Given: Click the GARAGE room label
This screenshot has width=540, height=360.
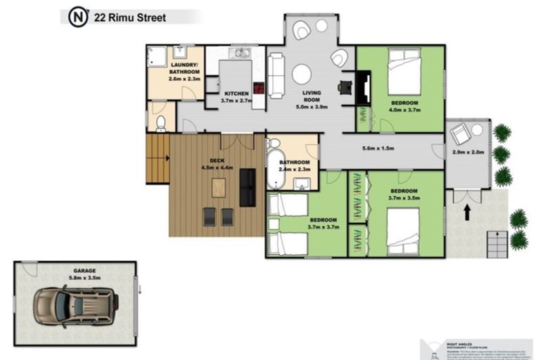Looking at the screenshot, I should click(x=84, y=271).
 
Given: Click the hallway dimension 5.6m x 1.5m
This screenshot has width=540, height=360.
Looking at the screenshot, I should click(x=378, y=149).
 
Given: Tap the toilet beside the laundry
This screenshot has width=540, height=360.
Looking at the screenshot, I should click(x=160, y=124).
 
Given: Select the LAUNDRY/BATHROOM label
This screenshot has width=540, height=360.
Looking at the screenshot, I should click(x=185, y=72).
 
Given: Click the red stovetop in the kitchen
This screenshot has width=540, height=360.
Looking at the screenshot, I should click(x=259, y=89).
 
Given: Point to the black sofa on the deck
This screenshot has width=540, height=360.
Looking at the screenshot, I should click(x=247, y=187).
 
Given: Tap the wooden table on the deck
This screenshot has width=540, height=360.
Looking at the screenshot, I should click(x=219, y=188).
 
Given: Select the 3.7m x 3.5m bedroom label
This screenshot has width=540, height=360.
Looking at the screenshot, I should click(x=404, y=195).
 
